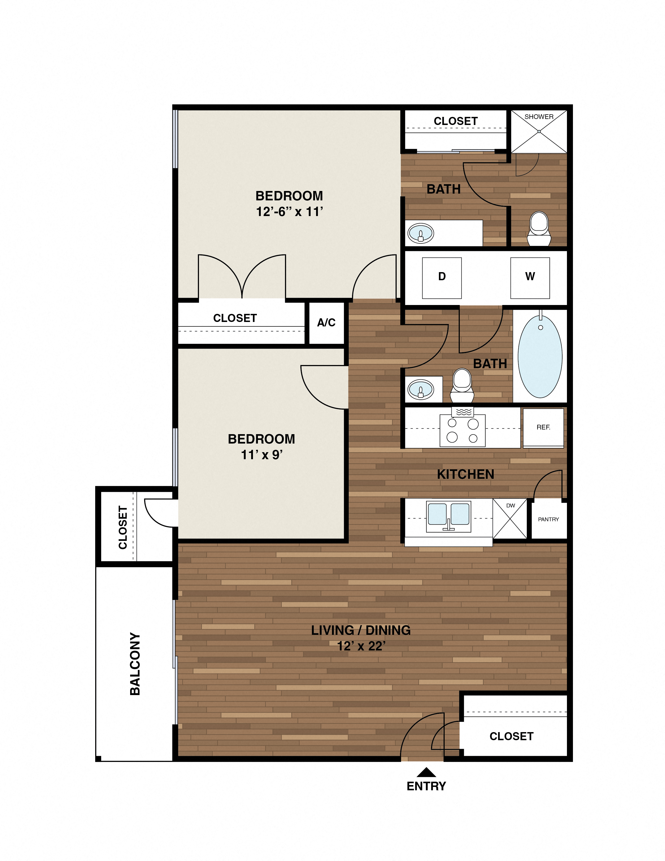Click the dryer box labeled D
point(442,278)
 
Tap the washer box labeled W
point(530,278)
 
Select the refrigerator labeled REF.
point(543,428)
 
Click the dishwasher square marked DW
point(510,519)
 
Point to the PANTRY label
point(548,519)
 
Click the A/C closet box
point(326,323)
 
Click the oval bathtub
point(540,357)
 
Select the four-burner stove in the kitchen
point(463,430)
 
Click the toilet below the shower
point(539,229)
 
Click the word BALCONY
point(135,664)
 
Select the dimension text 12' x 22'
point(361,646)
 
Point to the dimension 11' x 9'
point(262,455)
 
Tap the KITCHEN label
point(465,474)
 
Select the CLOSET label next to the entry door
point(511,737)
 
